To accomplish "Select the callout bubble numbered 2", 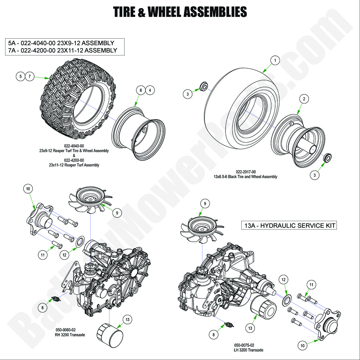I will coord(304,99).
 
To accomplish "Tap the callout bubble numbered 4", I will coord(150,90).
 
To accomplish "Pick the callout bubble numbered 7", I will coord(30,76).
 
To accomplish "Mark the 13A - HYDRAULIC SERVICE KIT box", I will coord(288,225).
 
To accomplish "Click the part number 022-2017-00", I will coord(246,172).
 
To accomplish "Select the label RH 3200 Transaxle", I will coord(65,335).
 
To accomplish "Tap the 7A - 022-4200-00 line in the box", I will coord(62,50).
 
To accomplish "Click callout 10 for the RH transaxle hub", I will coord(28,189).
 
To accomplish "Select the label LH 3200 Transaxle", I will coord(245,350).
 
